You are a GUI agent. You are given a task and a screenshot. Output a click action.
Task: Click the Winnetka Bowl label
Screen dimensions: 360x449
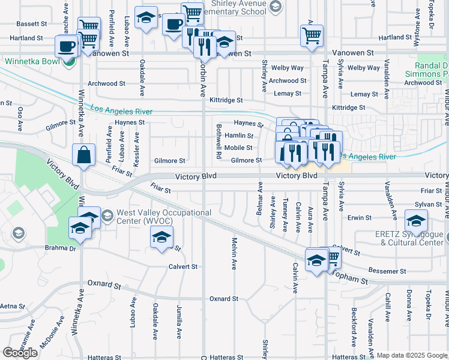(x=29, y=61)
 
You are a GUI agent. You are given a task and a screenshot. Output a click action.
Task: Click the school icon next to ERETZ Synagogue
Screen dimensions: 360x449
(x=417, y=220)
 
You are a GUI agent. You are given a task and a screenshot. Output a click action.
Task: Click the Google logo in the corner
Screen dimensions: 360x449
(x=20, y=352)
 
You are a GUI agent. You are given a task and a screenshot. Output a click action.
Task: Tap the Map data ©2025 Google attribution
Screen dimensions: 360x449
(x=412, y=355)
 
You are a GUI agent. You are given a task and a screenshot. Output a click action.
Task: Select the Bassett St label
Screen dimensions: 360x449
(x=32, y=24)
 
